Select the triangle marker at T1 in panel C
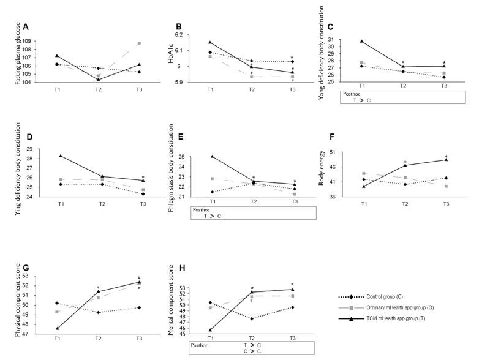coord(363,41)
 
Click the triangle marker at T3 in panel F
coord(445,160)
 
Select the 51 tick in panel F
coord(347,151)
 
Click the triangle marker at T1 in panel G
coord(57,328)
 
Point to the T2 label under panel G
coord(98,338)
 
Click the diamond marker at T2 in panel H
coord(251,318)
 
